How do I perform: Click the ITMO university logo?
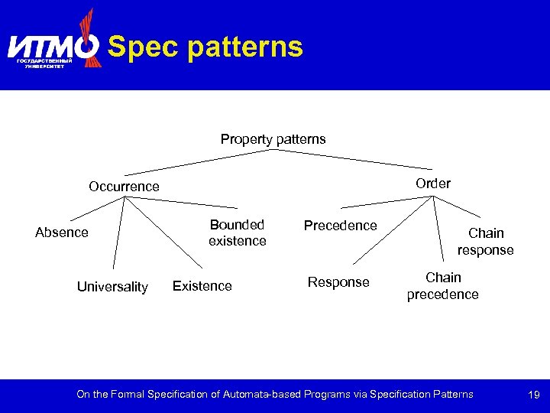pyautogui.click(x=53, y=46)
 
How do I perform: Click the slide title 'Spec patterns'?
pyautogui.click(x=205, y=47)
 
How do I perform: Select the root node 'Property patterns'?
pyautogui.click(x=273, y=139)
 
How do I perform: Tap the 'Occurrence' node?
pyautogui.click(x=124, y=187)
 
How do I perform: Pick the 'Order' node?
pyautogui.click(x=433, y=184)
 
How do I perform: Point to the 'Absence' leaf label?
pyautogui.click(x=62, y=233)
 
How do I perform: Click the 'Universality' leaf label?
pyautogui.click(x=112, y=287)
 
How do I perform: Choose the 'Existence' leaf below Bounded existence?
pyautogui.click(x=202, y=286)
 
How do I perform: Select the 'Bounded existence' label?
pyautogui.click(x=238, y=233)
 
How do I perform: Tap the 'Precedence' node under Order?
pyautogui.click(x=340, y=226)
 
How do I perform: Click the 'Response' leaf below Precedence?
pyautogui.click(x=338, y=282)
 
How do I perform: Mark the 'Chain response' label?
pyautogui.click(x=486, y=241)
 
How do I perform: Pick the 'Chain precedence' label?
pyautogui.click(x=443, y=286)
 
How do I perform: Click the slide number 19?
pyautogui.click(x=534, y=395)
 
